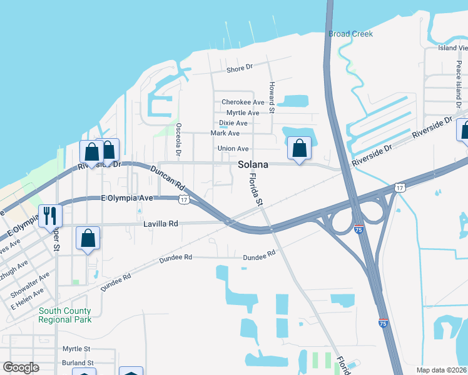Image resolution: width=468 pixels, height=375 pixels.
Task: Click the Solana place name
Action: coord(253,164)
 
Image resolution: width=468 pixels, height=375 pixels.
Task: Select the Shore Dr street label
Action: coord(239,68)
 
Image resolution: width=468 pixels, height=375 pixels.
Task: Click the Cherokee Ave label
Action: coord(243,102)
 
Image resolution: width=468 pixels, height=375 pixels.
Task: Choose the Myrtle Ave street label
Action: coord(243,112)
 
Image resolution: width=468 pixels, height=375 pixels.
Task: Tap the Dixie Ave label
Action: coord(233,123)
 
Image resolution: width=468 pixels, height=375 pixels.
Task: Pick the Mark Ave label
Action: coord(225,133)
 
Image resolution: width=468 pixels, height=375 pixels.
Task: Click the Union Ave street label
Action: coord(233,149)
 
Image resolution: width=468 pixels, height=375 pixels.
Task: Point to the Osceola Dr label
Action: coord(178,139)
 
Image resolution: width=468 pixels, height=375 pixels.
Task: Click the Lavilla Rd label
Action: coord(161,222)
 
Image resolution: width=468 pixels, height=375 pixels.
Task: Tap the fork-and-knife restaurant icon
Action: coord(49,216)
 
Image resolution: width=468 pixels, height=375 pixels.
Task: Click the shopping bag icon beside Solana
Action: coord(300,149)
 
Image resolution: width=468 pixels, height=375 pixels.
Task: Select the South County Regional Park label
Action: coord(64,315)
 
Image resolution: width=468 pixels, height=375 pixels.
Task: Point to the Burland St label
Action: coord(78,362)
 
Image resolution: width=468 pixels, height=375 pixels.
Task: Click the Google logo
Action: coord(21,367)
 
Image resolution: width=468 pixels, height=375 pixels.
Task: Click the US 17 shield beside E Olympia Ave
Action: coord(183,199)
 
